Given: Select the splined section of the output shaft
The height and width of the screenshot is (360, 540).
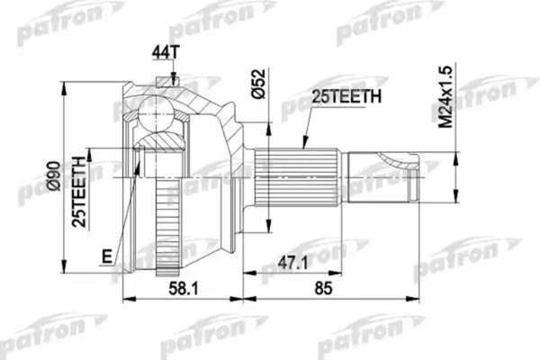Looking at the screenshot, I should coord(297,178).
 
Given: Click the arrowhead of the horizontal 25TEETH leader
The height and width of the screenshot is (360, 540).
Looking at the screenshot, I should coord(306,149).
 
